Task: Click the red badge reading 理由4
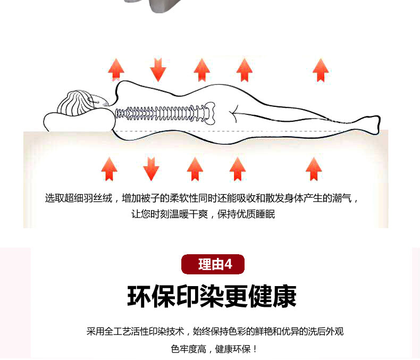pyautogui.click(x=213, y=264)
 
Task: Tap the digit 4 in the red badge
pyautogui.click(x=228, y=264)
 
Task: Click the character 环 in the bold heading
pyautogui.click(x=139, y=296)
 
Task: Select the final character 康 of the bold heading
pyautogui.click(x=285, y=296)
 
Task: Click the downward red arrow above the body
pyautogui.click(x=158, y=70)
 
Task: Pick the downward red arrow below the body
pyautogui.click(x=151, y=169)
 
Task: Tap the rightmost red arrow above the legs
pyautogui.click(x=321, y=70)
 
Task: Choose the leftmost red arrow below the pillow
pyautogui.click(x=110, y=169)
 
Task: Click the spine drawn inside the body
pyautogui.click(x=161, y=113)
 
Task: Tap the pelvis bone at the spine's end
pyautogui.click(x=209, y=113)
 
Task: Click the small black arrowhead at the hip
pyautogui.click(x=233, y=114)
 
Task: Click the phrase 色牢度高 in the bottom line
pyautogui.click(x=188, y=349)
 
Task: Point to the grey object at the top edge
pyautogui.click(x=165, y=6)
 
